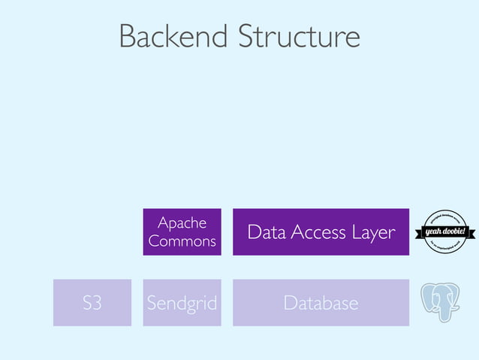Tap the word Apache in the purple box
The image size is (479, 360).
tap(182, 222)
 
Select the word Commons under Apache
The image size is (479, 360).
tap(182, 241)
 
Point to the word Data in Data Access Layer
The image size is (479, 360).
tap(265, 233)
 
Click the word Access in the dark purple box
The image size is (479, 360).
tap(318, 233)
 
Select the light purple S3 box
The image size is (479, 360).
tap(92, 303)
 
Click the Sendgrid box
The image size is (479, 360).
tap(182, 303)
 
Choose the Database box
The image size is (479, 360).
tap(321, 303)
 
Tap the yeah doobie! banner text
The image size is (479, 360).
tap(447, 231)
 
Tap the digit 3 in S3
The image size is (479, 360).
tap(98, 304)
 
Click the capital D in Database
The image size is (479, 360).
tap(290, 304)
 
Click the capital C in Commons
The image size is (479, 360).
tap(154, 241)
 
